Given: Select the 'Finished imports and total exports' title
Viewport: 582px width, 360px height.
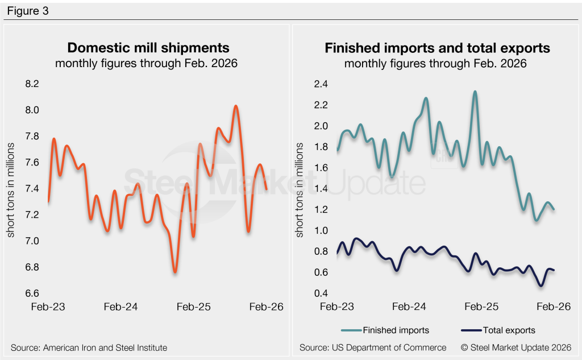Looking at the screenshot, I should (x=437, y=48).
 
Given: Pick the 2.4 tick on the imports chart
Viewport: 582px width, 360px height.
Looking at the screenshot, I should (x=322, y=84).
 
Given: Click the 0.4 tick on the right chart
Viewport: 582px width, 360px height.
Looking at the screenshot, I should (x=322, y=293).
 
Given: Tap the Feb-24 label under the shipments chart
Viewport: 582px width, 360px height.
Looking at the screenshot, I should (x=120, y=307).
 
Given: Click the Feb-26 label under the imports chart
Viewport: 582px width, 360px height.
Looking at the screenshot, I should (x=553, y=307).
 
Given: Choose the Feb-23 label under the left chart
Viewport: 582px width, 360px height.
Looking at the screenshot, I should (x=48, y=307).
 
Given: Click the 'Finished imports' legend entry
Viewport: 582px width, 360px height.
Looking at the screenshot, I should (x=385, y=330).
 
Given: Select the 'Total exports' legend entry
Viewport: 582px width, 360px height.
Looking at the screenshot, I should (x=497, y=330).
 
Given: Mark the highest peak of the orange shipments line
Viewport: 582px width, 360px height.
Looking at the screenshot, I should (x=236, y=106).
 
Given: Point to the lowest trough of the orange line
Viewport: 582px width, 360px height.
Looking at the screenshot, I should (x=175, y=272).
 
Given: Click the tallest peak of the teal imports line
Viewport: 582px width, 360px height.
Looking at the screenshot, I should (x=475, y=92).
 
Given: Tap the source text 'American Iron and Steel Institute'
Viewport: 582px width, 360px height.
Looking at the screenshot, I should (x=89, y=347).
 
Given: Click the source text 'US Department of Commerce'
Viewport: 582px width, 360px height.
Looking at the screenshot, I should (x=373, y=347).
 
